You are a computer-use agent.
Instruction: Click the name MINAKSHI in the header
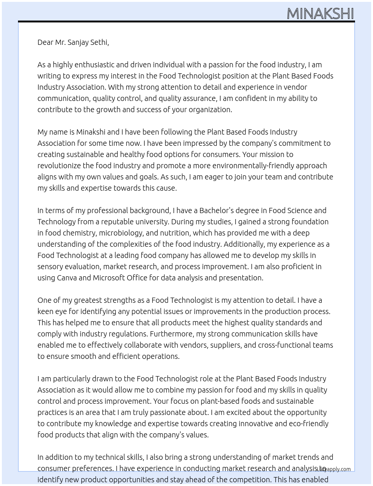(x=320, y=14)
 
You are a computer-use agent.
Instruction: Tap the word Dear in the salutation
(x=45, y=42)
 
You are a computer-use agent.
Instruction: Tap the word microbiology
(x=120, y=233)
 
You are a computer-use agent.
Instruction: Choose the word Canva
(x=67, y=278)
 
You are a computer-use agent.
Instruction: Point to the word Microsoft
(x=109, y=278)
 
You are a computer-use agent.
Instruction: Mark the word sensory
(x=50, y=267)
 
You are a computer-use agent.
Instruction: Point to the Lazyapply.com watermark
(x=334, y=469)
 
